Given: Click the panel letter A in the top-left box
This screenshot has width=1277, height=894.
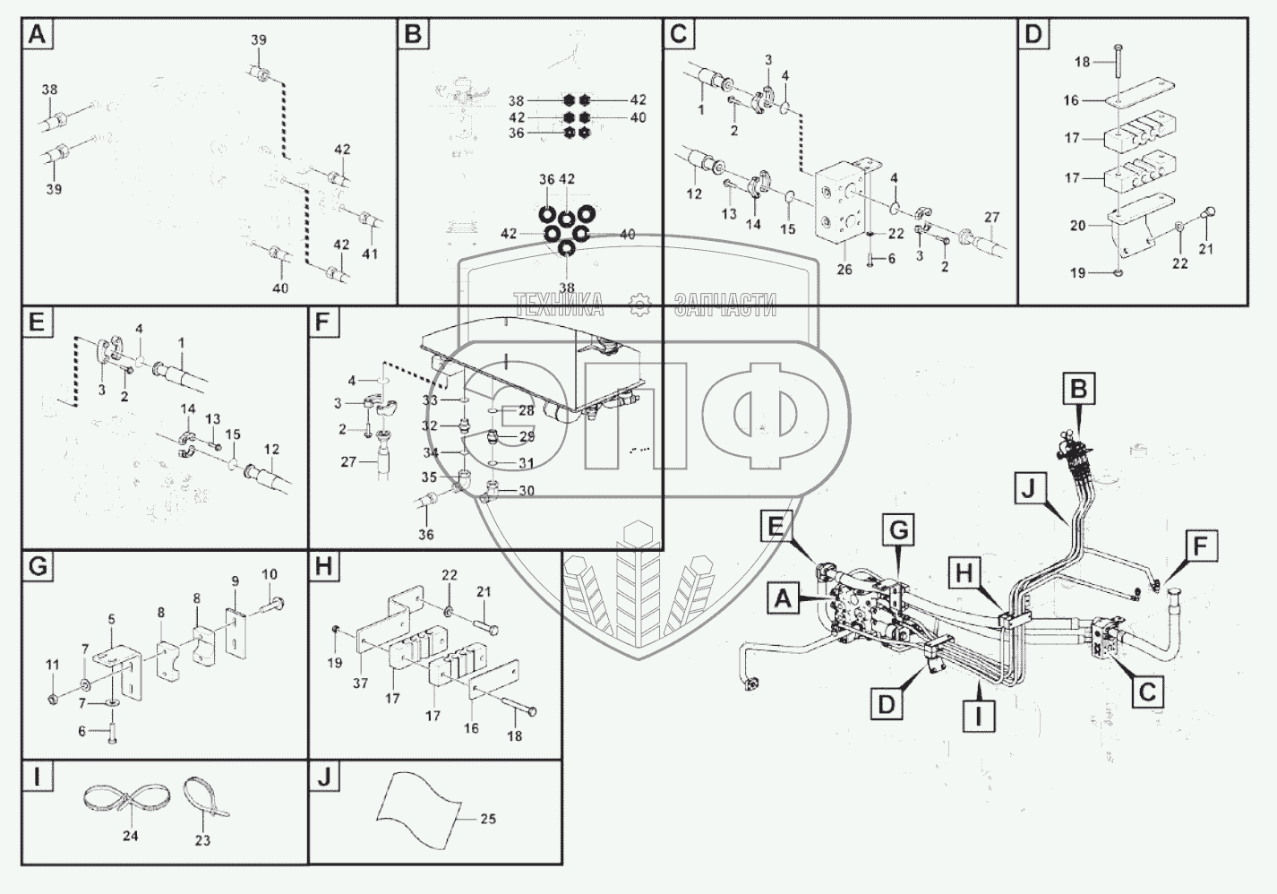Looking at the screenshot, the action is (x=37, y=34).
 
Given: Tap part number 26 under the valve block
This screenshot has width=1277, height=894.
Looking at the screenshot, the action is (x=844, y=269).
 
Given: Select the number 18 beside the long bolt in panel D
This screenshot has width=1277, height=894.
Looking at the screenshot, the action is (x=1083, y=62).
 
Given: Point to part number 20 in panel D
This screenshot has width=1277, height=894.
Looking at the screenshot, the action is (x=1078, y=226).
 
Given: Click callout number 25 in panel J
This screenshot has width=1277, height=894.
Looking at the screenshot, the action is (x=488, y=819).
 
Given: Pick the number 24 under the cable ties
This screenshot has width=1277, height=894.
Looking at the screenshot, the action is (x=131, y=836).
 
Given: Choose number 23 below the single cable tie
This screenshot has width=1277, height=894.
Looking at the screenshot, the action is (x=202, y=840).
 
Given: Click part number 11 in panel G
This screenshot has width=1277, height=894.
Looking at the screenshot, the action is (x=53, y=665).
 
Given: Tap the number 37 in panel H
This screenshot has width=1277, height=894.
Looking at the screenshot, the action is (x=360, y=683).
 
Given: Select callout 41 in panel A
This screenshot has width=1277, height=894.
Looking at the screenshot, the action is (x=370, y=254).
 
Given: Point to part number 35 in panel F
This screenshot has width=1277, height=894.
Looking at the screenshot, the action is (x=429, y=477).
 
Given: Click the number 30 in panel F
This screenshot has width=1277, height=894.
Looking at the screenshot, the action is (x=527, y=490).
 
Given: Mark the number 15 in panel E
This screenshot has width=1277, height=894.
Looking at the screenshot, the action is (x=233, y=434).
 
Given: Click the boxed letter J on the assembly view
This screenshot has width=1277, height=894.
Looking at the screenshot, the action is (x=1028, y=489).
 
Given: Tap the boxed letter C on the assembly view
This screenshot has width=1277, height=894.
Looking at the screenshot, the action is (x=1147, y=692).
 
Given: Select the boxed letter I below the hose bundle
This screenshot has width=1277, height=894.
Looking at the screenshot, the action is (x=979, y=717).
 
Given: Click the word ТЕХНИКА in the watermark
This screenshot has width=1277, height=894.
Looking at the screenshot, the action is (x=558, y=305).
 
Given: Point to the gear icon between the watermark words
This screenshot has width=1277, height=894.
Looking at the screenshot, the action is (x=639, y=305).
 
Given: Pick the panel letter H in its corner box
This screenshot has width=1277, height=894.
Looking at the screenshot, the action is (x=323, y=567).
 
